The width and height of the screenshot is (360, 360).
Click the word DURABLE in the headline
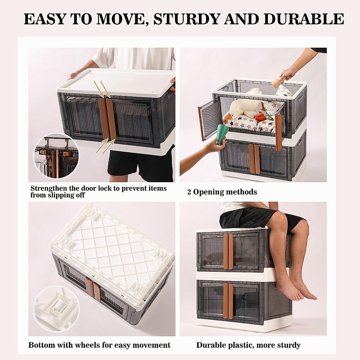(x=304, y=19)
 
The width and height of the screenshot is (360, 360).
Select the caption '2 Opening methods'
(x=222, y=192)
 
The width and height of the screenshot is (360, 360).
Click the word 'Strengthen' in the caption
(x=48, y=188)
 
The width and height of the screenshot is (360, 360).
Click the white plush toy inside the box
(x=243, y=104)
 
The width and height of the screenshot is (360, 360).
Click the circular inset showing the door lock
(x=56, y=156)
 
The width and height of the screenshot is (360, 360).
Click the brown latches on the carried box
(x=107, y=119)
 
